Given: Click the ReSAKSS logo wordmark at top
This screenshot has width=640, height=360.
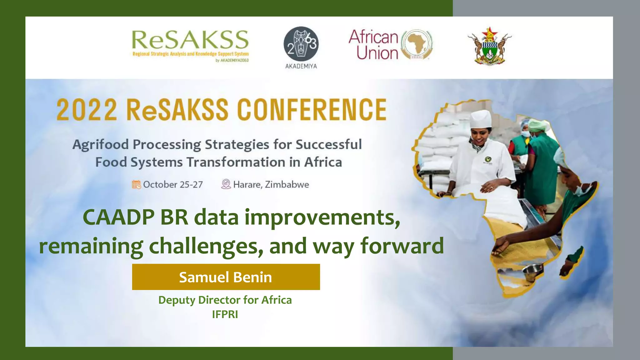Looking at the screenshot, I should pos(190,40).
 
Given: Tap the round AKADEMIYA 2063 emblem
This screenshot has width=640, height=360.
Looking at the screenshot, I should pos(301,44).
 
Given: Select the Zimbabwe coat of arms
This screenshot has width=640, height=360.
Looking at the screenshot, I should pos(489,46).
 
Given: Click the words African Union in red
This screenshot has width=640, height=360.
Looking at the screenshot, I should pos(373,45).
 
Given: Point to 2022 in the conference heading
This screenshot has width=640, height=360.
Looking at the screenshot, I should pos(87,110).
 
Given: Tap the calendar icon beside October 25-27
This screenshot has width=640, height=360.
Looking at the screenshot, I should pos(136,184).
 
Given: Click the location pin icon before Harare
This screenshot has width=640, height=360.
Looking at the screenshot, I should pos(226,184).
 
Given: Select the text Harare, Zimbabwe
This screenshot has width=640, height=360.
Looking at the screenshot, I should pos(271,185).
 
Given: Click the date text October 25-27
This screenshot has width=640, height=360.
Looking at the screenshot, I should pos(173,185).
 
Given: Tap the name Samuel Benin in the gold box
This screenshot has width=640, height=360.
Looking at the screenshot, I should pos(225,277).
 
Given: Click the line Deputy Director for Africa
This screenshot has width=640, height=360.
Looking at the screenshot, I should pos(225,300).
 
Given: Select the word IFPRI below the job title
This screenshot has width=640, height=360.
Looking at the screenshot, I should pos(225,314).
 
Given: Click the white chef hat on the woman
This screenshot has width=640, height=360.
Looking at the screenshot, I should pos(481,119).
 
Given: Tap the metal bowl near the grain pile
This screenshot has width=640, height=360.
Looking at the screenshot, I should pos(533,271).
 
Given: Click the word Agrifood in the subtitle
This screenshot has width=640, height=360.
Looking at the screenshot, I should pos(101,145).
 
